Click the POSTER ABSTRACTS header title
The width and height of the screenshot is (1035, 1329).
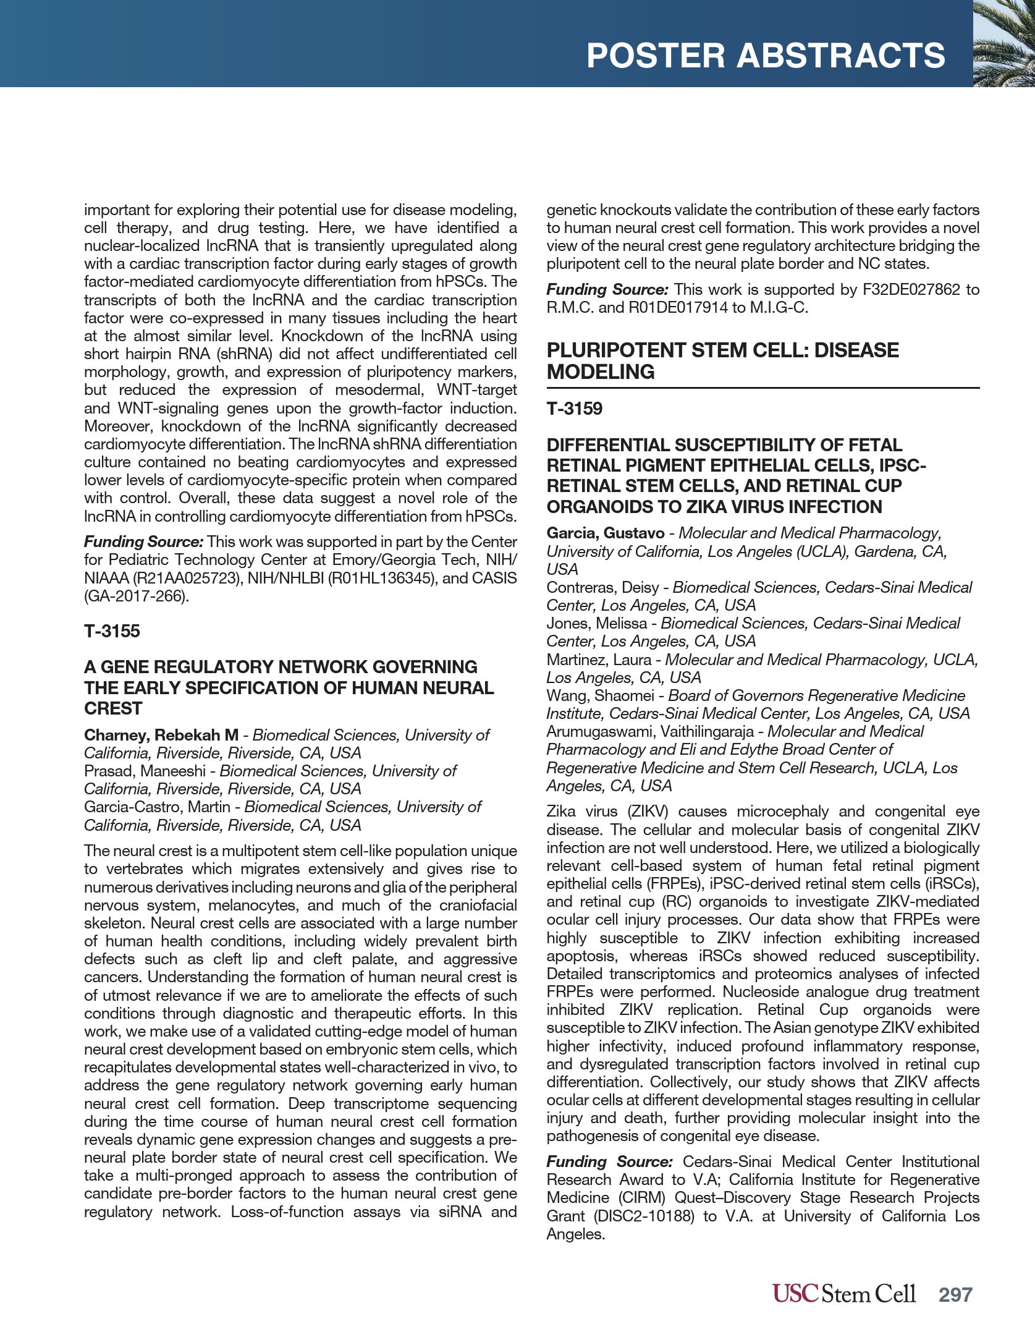765,56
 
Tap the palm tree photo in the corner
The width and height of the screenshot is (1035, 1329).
1003,43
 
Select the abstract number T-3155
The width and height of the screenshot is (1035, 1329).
112,631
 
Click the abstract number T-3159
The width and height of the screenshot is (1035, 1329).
574,409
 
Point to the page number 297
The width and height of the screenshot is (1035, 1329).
955,1294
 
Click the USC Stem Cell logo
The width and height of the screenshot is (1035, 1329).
843,1293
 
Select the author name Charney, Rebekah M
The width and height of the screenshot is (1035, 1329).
161,735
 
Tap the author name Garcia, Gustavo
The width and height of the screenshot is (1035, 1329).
605,533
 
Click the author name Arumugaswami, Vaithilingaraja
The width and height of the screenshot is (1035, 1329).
650,731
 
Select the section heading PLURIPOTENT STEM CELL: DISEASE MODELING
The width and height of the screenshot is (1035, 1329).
722,361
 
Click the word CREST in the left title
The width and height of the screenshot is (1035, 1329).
113,708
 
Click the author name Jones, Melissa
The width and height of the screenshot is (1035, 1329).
596,623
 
